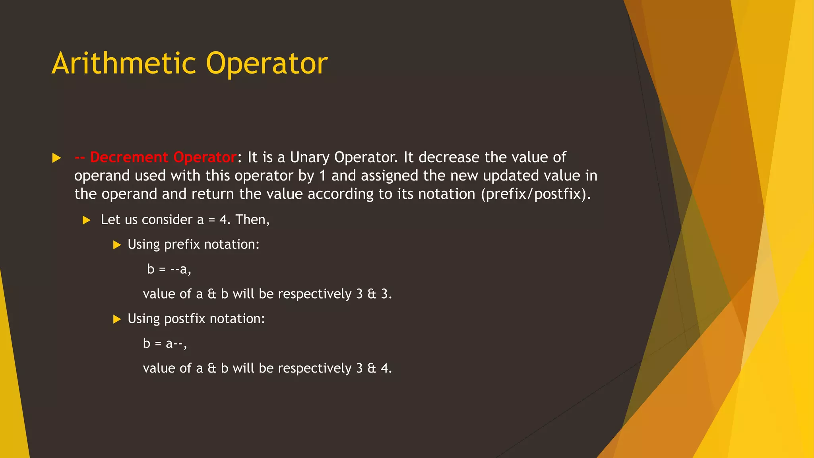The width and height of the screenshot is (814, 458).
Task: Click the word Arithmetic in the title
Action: tap(124, 64)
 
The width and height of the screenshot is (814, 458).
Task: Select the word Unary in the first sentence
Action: tap(310, 157)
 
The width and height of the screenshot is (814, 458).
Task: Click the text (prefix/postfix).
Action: tap(536, 194)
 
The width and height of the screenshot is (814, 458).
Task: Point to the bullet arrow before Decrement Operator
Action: tap(56, 158)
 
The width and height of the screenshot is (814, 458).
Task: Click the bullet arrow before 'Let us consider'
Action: tap(87, 220)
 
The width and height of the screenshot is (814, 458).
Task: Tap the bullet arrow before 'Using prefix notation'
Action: tap(117, 245)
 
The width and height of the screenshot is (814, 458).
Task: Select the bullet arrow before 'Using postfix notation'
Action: tap(117, 319)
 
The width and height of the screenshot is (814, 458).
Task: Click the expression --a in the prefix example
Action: tap(179, 270)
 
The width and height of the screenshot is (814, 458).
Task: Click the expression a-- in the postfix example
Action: tap(174, 343)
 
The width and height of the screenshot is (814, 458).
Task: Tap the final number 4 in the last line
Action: tap(384, 368)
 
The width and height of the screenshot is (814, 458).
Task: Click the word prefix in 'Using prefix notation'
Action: tap(182, 245)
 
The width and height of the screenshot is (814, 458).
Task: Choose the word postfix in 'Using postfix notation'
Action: tap(184, 319)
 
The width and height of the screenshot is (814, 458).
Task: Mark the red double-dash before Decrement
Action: tap(79, 157)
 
